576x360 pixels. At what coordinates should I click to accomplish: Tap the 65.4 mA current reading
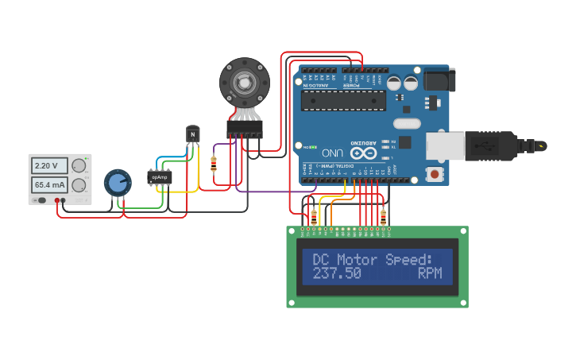coord(48,185)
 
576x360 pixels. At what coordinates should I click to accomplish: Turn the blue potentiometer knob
coord(118,183)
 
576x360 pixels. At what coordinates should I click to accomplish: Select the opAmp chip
coord(160,178)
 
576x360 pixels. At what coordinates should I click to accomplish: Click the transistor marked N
coord(192,134)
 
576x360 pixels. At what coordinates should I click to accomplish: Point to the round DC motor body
coord(244,82)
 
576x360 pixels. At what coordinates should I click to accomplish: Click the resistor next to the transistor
coord(213,164)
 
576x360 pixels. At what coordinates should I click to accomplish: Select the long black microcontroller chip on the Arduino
coord(344,100)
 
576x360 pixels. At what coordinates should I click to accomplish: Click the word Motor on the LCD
coord(358,260)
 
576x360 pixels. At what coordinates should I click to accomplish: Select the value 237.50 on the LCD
coord(337,273)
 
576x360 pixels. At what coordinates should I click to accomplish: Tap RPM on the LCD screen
coord(435,273)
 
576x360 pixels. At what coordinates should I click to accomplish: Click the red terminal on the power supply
coord(57,199)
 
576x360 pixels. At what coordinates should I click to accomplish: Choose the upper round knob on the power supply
coord(78,166)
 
